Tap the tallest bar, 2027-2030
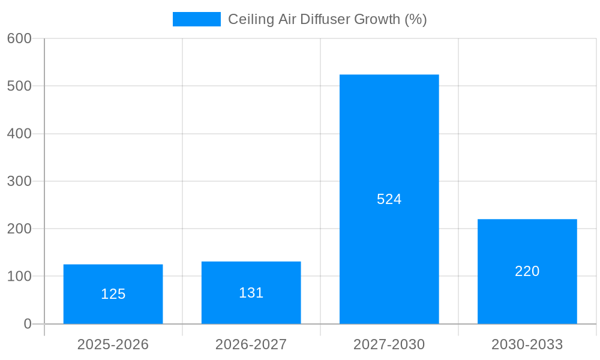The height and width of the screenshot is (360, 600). [x=389, y=150]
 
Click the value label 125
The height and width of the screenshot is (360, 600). [x=113, y=294]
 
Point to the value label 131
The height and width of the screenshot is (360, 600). [x=251, y=293]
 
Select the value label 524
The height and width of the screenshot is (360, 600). [x=389, y=199]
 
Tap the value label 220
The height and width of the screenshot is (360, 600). [x=527, y=271]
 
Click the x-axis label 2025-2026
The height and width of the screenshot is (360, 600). [x=113, y=344]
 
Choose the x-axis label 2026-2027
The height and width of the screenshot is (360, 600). [x=251, y=344]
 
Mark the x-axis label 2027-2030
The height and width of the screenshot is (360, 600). [x=389, y=344]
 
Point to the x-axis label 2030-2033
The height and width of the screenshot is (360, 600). [x=527, y=344]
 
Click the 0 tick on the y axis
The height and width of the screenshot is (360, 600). [x=28, y=324]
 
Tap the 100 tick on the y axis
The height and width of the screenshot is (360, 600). [x=19, y=277]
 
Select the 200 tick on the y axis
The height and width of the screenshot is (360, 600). [x=19, y=229]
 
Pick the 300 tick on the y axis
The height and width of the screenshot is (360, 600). [x=19, y=181]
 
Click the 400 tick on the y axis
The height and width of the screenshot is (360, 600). [x=19, y=134]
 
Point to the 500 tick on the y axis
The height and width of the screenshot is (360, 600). [x=19, y=86]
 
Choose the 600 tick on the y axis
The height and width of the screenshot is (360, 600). [x=19, y=38]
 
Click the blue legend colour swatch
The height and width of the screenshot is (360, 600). [x=196, y=19]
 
